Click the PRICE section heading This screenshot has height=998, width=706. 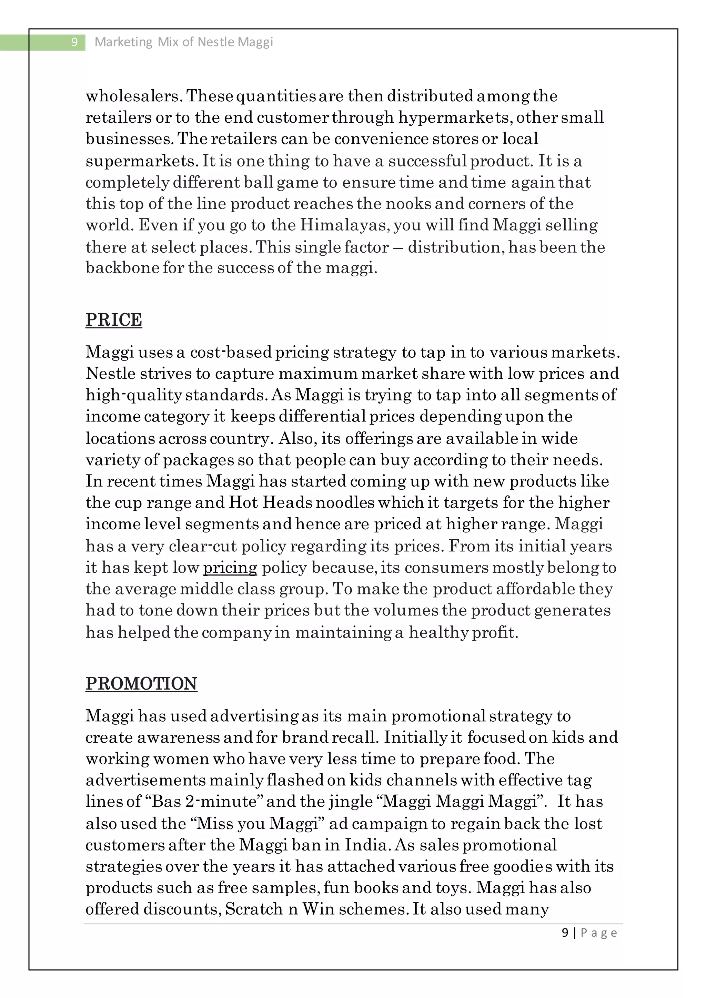click(114, 319)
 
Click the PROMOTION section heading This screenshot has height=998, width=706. click(141, 683)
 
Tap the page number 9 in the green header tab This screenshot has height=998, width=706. click(74, 42)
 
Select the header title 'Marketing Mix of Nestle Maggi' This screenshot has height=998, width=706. click(184, 42)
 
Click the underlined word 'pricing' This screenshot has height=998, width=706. click(230, 568)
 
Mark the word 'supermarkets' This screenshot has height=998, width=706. click(141, 161)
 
